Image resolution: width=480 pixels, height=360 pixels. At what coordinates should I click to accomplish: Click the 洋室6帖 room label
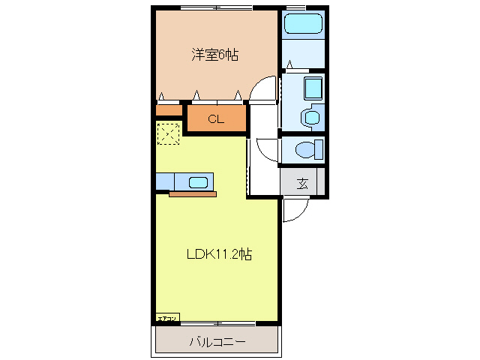tap(214, 55)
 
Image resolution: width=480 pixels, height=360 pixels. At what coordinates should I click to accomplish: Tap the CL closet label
tap(215, 118)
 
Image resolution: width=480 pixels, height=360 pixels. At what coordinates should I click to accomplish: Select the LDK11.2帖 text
tap(218, 254)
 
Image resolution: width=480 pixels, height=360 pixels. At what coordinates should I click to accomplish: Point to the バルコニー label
tap(217, 342)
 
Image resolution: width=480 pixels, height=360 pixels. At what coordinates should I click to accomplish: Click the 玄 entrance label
tap(301, 183)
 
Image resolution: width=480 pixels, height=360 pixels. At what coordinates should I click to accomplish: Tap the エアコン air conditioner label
tap(167, 319)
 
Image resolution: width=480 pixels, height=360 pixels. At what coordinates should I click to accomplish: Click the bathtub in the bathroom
tap(304, 23)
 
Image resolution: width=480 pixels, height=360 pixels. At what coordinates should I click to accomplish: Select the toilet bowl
tap(307, 149)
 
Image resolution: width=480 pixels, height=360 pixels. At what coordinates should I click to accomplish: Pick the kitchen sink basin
tap(198, 181)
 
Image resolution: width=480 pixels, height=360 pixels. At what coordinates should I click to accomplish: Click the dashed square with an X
tap(169, 133)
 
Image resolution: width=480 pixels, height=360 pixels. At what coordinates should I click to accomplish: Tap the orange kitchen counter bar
tap(193, 193)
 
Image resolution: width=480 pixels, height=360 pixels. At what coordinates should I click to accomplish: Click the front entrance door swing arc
tap(294, 212)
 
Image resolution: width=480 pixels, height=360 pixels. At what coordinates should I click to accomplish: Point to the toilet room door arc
tap(266, 148)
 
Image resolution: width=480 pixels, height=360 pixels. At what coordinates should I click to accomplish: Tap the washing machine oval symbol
tap(309, 117)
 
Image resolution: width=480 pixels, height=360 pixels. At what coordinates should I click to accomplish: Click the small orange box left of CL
tap(169, 111)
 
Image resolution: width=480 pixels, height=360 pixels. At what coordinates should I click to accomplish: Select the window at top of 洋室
tap(217, 7)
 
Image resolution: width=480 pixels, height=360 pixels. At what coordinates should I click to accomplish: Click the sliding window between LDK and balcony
tap(217, 323)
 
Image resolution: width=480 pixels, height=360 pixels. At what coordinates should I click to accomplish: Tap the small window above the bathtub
tap(297, 7)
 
